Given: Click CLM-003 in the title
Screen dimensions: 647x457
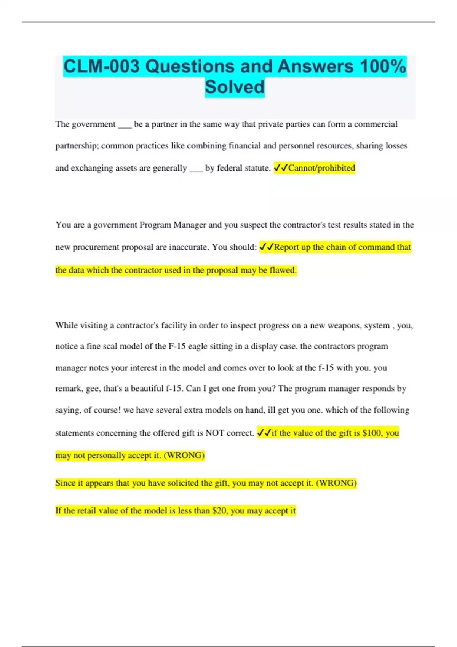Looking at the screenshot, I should click(x=102, y=66).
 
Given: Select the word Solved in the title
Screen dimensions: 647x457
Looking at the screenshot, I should click(x=235, y=87).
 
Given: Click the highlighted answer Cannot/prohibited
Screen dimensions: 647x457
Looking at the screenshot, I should click(x=321, y=168).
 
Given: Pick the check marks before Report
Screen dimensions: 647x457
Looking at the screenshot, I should click(x=266, y=247).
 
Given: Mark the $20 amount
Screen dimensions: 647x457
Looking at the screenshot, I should click(x=219, y=511).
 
